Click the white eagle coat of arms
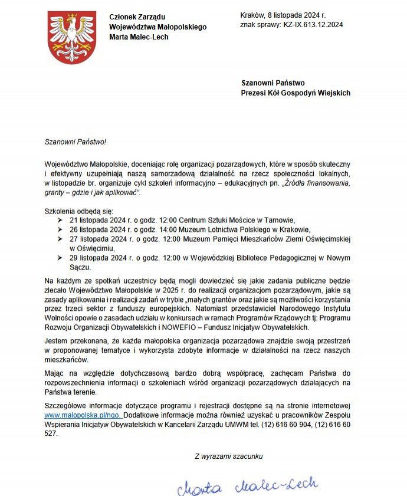click(71, 37)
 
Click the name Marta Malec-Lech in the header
click(139, 37)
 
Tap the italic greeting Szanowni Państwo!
click(76, 142)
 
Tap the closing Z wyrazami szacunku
click(228, 456)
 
